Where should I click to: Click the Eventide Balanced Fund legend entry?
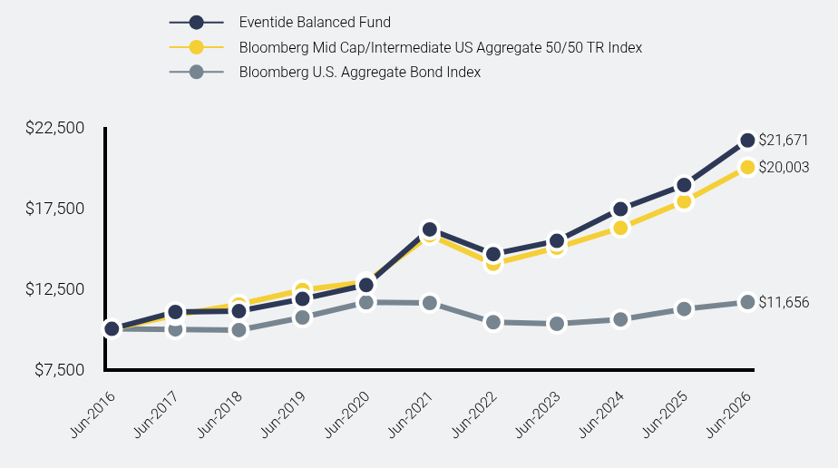[315, 23]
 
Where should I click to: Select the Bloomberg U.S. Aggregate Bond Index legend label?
[360, 73]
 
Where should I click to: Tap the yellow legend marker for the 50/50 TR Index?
[196, 47]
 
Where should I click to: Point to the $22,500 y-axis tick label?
[55, 128]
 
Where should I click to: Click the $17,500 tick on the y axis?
[55, 209]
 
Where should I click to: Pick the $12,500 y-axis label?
[55, 289]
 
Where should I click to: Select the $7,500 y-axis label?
[59, 370]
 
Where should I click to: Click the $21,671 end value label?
[784, 140]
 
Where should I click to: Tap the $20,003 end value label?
[784, 167]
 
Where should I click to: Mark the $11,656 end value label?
[784, 302]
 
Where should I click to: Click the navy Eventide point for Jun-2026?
[747, 141]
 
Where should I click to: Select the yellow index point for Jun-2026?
[747, 167]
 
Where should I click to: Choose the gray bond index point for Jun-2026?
[747, 302]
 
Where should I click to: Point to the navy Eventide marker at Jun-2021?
[430, 229]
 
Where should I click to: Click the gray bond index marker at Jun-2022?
[493, 322]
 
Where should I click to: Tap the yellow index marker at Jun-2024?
[620, 229]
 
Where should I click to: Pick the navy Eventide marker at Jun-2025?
[684, 185]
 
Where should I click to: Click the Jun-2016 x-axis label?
[93, 414]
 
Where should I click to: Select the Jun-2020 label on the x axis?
[346, 414]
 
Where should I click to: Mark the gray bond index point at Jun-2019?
[303, 317]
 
